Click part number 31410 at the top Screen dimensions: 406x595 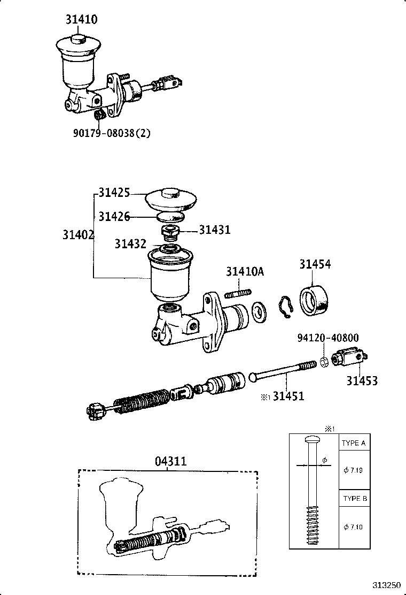(81, 19)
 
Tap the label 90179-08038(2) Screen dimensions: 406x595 (112, 133)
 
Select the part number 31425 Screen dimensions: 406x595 (114, 193)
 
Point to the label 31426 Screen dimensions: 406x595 (114, 216)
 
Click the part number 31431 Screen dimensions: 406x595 (215, 230)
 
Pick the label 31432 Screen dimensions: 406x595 (131, 244)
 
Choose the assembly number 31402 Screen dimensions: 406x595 (79, 235)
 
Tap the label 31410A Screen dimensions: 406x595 (245, 272)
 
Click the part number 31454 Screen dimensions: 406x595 (315, 264)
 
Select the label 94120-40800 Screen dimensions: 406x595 (328, 338)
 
